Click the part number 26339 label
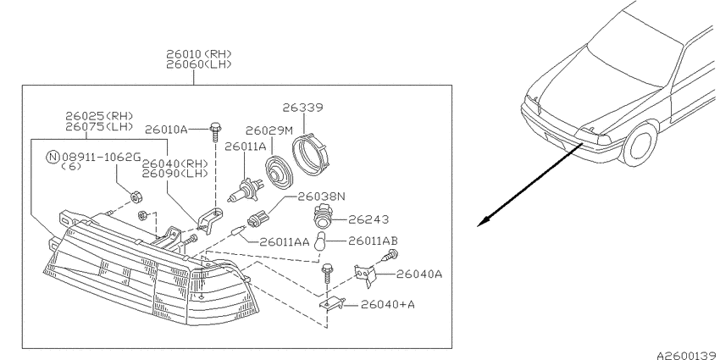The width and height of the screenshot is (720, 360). point(302,108)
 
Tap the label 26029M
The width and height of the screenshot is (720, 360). point(269,130)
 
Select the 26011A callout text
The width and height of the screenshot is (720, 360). point(245,147)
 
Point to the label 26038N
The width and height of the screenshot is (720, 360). point(321,197)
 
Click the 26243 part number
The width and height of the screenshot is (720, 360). point(368,219)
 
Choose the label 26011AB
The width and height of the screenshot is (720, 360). point(373,241)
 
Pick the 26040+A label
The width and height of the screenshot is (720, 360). point(388,304)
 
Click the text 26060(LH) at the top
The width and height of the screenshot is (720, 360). point(199,64)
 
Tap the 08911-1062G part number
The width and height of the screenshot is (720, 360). point(101,157)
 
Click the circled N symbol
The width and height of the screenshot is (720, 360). point(53,157)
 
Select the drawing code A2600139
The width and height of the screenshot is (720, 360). point(688,355)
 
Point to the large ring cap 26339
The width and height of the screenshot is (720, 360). point(311,151)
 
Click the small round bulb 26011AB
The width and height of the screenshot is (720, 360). point(320,242)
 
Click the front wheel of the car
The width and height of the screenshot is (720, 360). point(640,144)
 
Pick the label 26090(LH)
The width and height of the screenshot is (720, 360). point(174,174)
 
